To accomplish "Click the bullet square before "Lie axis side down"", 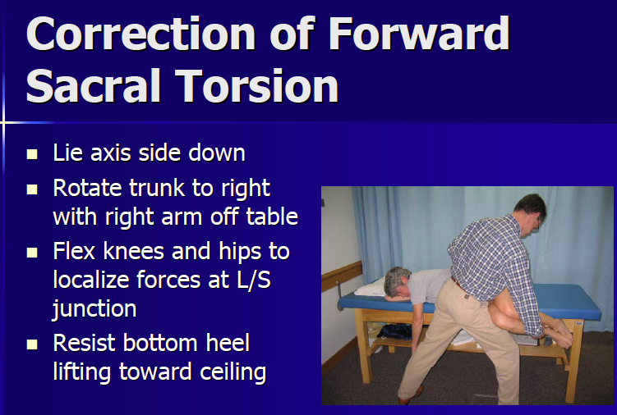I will point(32,153).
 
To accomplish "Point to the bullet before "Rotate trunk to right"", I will point(32,189).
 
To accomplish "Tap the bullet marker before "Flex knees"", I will point(32,251).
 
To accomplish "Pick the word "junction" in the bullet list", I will point(94,309).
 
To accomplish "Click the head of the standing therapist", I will point(527,214).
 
